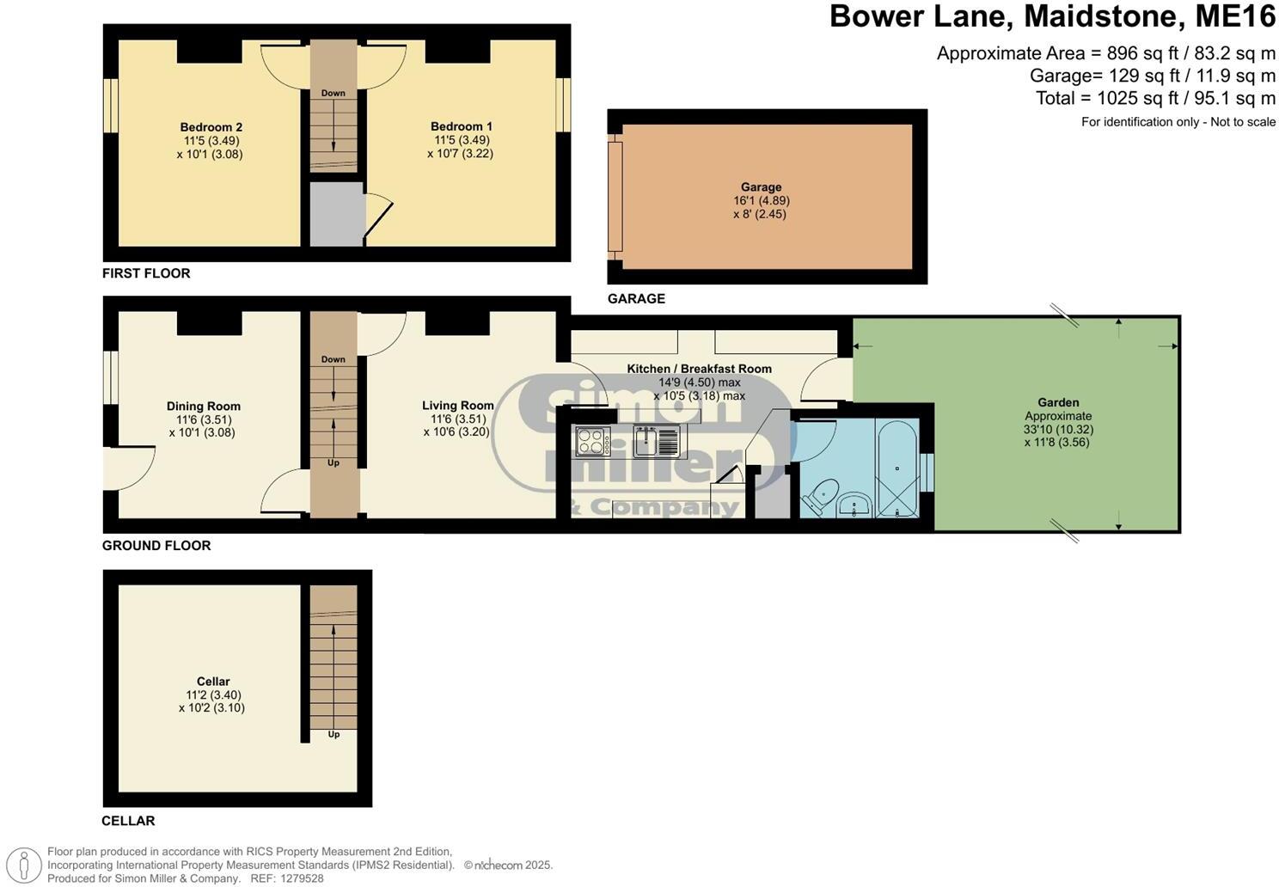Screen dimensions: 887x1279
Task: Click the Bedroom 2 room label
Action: [211, 127]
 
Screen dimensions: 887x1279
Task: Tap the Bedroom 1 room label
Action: [461, 126]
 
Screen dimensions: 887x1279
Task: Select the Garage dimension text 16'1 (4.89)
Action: [761, 200]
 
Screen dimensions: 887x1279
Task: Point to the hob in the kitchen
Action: [592, 442]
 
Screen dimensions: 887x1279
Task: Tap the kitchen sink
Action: [656, 442]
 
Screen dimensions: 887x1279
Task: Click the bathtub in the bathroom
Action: [897, 468]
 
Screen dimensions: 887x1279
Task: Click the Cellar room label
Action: [213, 682]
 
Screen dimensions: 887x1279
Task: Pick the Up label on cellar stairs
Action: [334, 734]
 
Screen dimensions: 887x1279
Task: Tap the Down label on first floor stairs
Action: [334, 93]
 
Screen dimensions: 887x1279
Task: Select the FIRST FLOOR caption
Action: [146, 273]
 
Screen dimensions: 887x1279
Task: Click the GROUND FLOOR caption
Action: [156, 545]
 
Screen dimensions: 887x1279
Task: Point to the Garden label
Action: [1058, 402]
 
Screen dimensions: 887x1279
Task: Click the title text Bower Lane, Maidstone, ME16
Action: [1052, 17]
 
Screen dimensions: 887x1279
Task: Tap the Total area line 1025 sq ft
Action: [1155, 98]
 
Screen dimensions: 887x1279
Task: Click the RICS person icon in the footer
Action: [28, 865]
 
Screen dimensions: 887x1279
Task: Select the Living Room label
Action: [457, 406]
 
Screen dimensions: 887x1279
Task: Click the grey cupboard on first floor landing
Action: [337, 213]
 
